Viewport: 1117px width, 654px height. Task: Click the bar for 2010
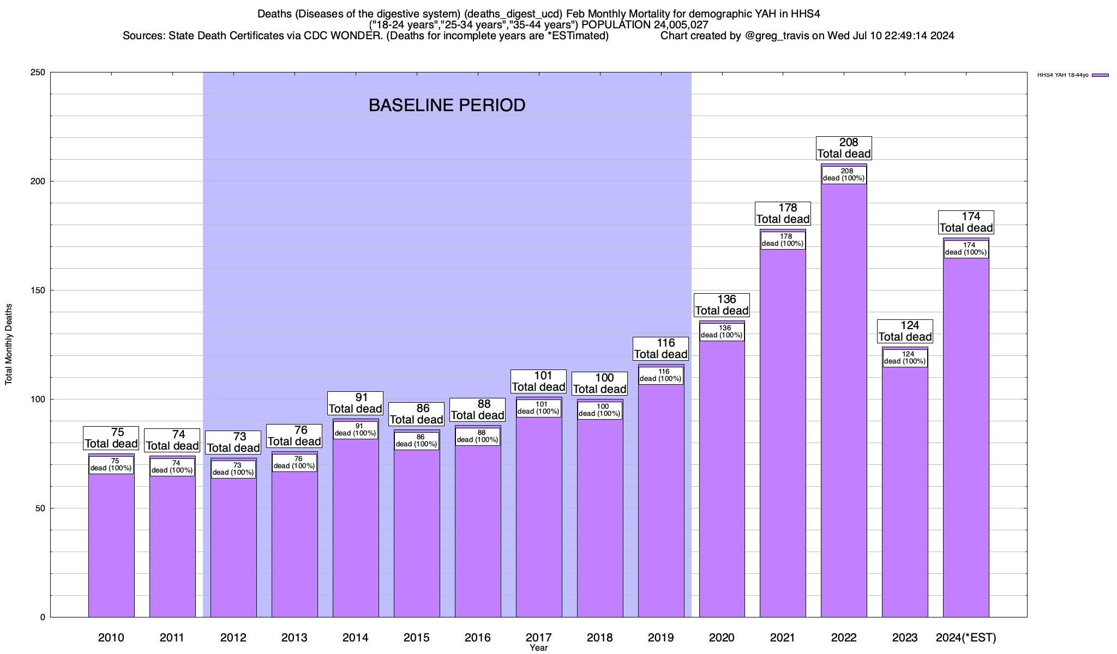pyautogui.click(x=111, y=545)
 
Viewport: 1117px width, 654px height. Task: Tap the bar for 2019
pyautogui.click(x=661, y=501)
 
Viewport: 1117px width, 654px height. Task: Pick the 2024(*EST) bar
pyautogui.click(x=966, y=436)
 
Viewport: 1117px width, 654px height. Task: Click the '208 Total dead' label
pyautogui.click(x=844, y=148)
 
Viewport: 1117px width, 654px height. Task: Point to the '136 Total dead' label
pyautogui.click(x=722, y=305)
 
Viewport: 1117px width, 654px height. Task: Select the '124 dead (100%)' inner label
pyautogui.click(x=905, y=358)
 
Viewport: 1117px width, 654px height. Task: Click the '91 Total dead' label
pyautogui.click(x=355, y=403)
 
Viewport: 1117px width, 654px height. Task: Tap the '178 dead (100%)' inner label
pyautogui.click(x=783, y=240)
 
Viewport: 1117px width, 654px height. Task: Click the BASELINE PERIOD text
pyautogui.click(x=447, y=105)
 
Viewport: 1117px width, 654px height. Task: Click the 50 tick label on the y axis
pyautogui.click(x=41, y=508)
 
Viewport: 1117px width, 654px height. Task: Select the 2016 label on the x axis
pyautogui.click(x=477, y=638)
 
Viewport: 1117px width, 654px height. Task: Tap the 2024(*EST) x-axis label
pyautogui.click(x=966, y=638)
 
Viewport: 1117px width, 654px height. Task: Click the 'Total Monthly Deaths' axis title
pyautogui.click(x=9, y=344)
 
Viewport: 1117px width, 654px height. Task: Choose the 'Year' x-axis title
pyautogui.click(x=538, y=648)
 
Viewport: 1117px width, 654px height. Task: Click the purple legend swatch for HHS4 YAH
pyautogui.click(x=1100, y=75)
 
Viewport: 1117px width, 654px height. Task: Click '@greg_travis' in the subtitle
pyautogui.click(x=777, y=36)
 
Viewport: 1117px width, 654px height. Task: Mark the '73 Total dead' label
pyautogui.click(x=233, y=443)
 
